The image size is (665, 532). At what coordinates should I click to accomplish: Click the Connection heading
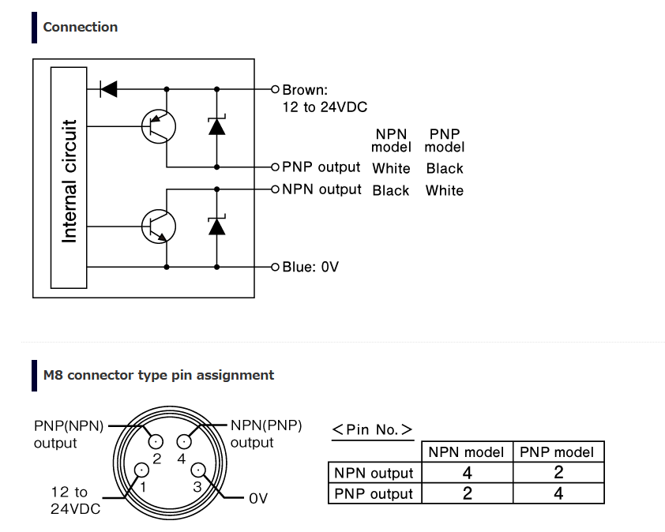80,27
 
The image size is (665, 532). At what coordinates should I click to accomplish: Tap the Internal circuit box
69,178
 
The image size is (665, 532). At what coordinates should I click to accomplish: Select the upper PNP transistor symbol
159,126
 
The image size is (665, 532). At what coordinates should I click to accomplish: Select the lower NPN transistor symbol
159,227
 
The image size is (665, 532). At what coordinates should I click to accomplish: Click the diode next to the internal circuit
108,89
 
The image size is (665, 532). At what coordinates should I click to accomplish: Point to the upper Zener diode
216,126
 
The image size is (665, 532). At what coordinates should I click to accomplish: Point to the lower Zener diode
216,226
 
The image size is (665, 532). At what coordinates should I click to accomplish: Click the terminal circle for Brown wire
276,89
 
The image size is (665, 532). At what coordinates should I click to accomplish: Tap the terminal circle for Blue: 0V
276,267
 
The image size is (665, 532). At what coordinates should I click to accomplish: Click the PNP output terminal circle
276,167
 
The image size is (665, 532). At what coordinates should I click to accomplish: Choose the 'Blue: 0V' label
310,267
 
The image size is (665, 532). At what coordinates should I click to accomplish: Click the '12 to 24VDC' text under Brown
325,107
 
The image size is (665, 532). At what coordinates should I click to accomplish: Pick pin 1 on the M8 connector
141,470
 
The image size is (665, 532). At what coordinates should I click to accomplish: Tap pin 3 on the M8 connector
198,470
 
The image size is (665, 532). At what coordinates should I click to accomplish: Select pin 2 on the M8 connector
156,442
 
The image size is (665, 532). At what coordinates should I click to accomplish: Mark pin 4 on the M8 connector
184,442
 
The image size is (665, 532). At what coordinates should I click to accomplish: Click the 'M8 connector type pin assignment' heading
159,376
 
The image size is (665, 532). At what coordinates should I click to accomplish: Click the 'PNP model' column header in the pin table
557,452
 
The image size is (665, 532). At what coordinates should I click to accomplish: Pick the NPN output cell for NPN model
468,473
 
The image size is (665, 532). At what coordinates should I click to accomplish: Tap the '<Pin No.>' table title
372,430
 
